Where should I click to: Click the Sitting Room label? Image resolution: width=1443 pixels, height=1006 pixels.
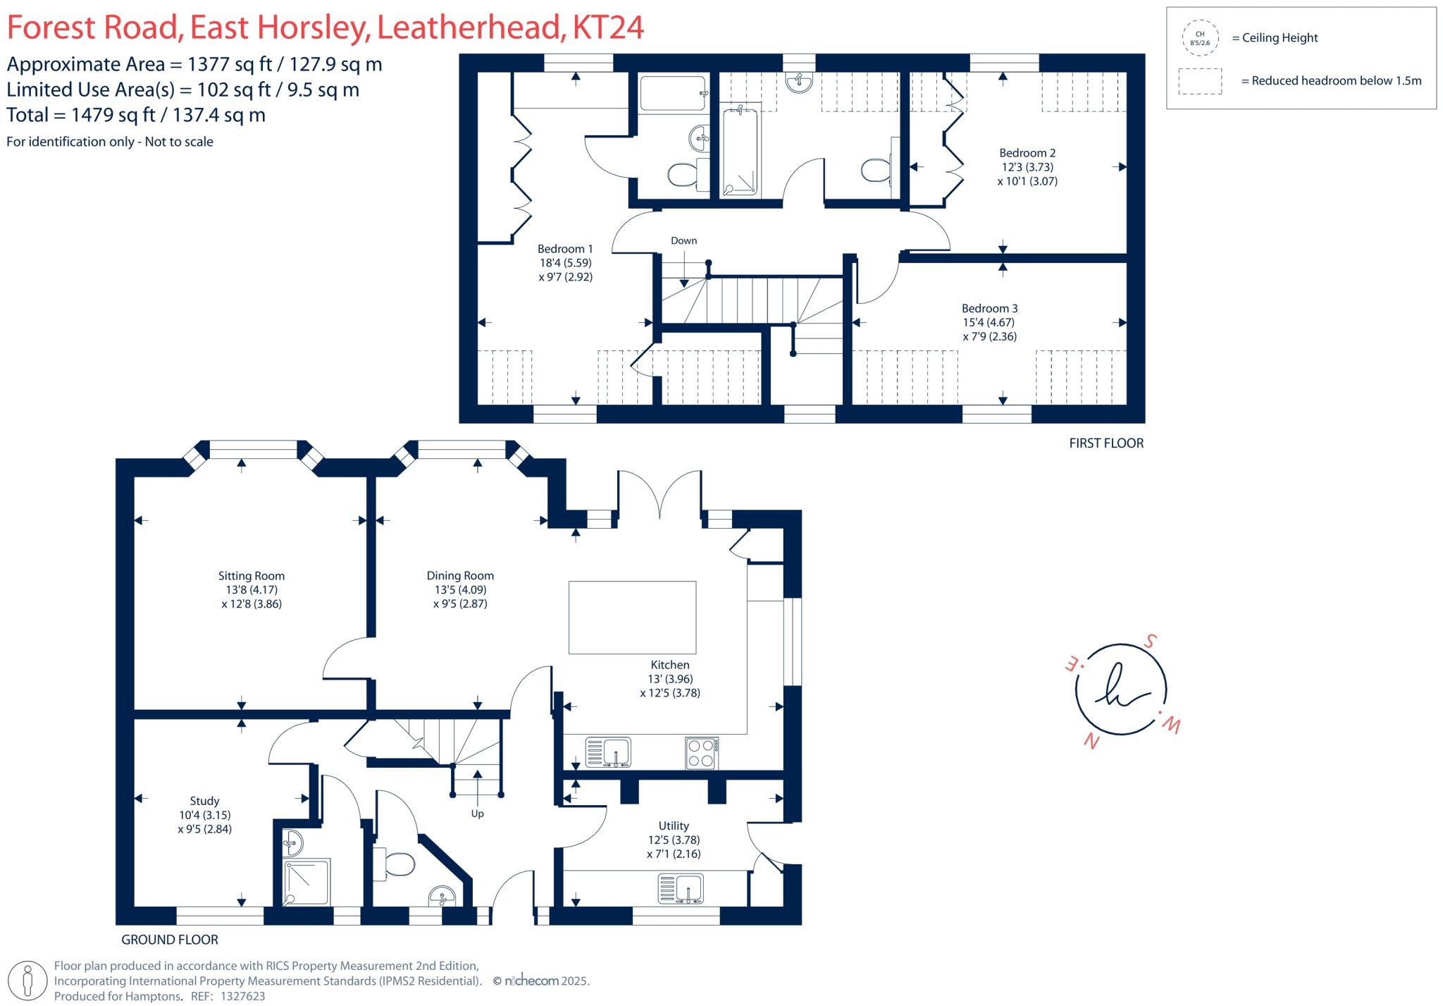pos(252,576)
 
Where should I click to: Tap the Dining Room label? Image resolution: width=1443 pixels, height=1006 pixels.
pos(460,576)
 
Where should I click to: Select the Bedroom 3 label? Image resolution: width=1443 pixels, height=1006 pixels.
pos(989,309)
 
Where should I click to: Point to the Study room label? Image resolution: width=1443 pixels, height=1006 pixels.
pos(204,801)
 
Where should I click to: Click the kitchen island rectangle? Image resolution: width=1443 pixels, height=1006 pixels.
pos(632,618)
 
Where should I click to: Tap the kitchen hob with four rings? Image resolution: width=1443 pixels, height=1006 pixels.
pos(702,753)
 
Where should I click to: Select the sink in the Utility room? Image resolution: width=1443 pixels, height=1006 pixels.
pos(681,889)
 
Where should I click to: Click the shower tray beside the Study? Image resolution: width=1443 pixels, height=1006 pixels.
pos(306,882)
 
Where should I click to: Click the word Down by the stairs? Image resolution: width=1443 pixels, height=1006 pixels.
pos(683,241)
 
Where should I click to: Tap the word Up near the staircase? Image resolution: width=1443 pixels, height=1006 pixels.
pos(478,814)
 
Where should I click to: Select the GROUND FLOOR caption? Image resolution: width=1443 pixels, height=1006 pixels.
pos(170,940)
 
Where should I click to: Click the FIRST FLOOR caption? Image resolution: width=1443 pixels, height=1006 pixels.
pos(1106,443)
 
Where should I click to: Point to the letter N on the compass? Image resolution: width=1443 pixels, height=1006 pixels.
pos(1091,742)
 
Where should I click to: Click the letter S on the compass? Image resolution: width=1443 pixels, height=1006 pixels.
pos(1150,642)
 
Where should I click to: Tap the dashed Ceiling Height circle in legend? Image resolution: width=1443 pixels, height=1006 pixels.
pos(1201,38)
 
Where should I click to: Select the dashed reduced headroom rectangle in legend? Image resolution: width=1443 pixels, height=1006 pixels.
pos(1201,81)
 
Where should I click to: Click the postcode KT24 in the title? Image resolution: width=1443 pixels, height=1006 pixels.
pos(608,28)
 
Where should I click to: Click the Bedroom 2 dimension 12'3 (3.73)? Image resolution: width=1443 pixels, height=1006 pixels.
pos(1027,167)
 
